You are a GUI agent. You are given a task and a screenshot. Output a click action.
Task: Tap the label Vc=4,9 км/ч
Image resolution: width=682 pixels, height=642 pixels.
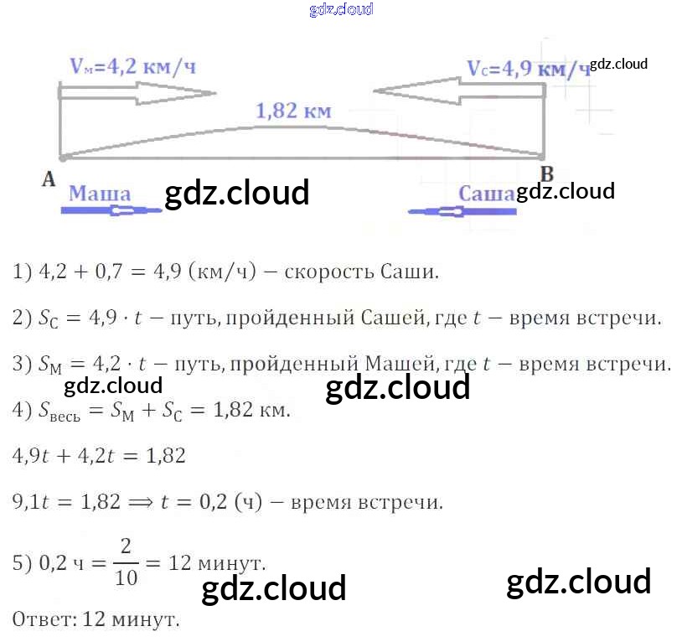coord(528,69)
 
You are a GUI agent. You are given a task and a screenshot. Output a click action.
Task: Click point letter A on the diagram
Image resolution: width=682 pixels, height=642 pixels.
coord(48,178)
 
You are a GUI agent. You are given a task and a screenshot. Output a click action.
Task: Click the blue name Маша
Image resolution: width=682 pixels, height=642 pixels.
coord(99,194)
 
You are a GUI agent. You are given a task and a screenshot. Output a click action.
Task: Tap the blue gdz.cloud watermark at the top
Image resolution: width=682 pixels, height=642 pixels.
coord(341,10)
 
